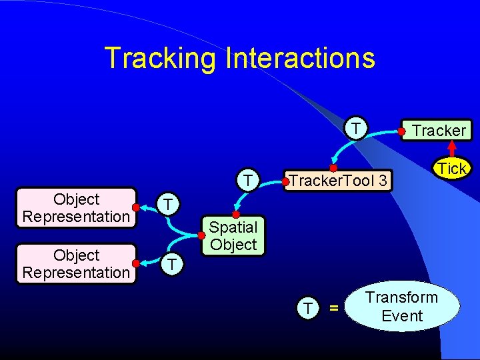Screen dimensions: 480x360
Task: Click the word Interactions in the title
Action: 301,58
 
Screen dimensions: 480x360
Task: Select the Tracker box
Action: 437,130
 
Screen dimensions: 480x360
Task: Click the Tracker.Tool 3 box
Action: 337,181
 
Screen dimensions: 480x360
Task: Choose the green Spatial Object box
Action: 233,236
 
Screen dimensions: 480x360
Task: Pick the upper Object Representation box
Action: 76,208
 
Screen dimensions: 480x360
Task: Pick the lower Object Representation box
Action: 76,264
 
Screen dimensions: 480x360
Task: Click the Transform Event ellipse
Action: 402,307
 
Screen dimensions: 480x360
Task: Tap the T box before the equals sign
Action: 307,307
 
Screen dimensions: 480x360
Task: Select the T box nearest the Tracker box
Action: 357,127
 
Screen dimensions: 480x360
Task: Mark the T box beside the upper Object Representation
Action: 170,204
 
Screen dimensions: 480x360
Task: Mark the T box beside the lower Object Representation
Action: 171,264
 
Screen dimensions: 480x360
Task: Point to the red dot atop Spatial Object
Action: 235,215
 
